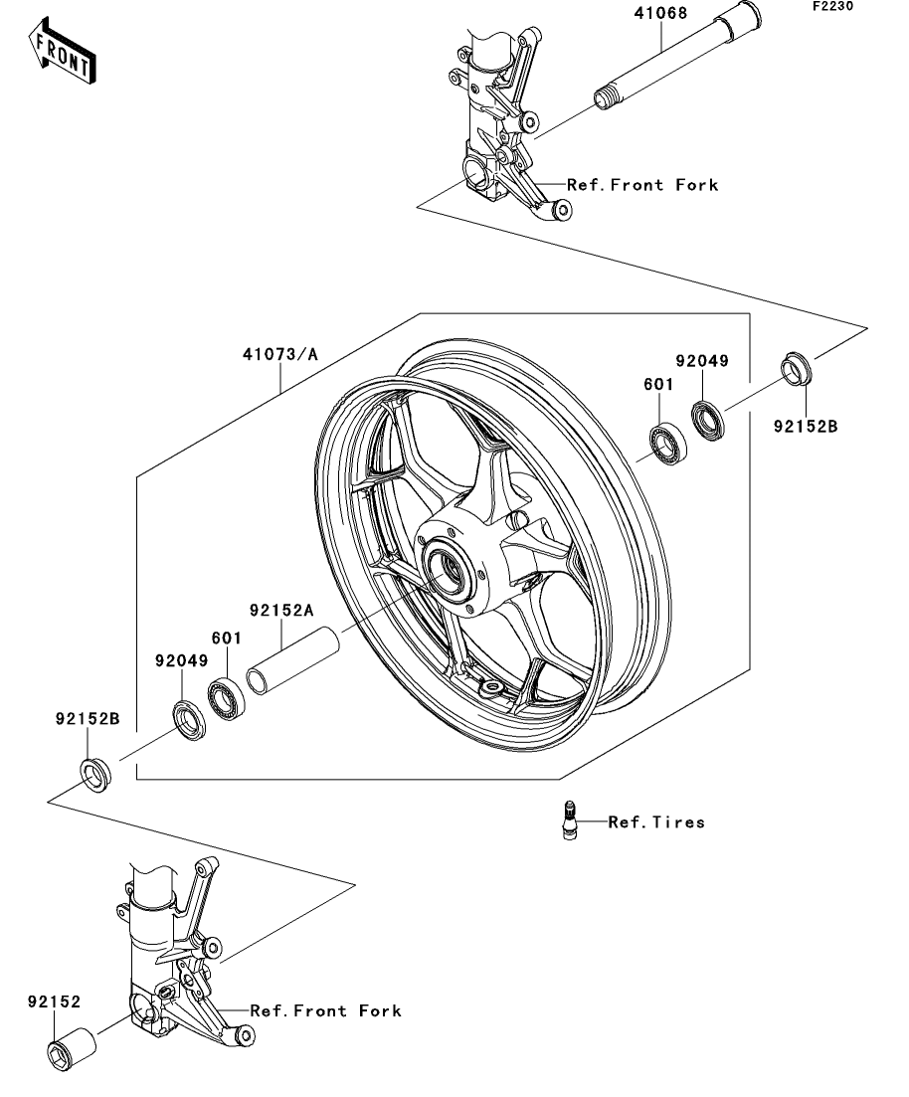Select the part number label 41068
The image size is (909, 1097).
click(x=661, y=16)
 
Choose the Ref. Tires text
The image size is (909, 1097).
click(x=656, y=823)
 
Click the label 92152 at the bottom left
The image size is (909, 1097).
click(x=54, y=1003)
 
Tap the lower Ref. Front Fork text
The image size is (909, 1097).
click(x=325, y=1010)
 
